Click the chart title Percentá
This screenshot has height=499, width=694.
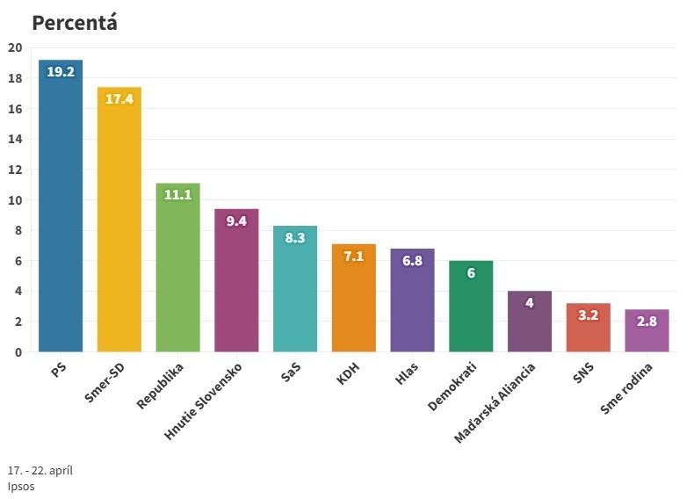coord(74,23)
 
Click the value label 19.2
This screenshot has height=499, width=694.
coord(61,72)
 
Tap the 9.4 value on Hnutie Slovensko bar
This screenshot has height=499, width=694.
coord(236,221)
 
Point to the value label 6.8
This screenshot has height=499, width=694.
coord(412,261)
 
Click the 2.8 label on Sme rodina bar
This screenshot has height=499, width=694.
coord(647,322)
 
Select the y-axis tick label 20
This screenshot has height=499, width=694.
coord(15,47)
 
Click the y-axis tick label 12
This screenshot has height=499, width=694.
coord(15,170)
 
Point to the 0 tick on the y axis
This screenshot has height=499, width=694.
coord(18,352)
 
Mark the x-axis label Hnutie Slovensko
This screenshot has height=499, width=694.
coord(210,400)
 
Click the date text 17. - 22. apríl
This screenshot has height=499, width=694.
coord(40,470)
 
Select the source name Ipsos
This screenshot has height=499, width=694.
coord(21,486)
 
